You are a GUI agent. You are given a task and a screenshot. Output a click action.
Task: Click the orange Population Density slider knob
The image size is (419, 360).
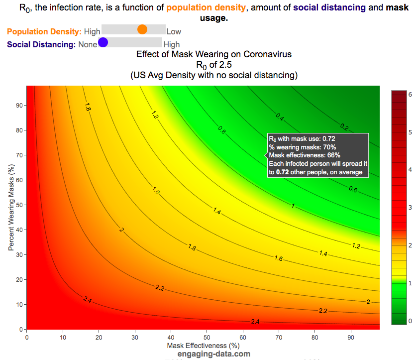click(142, 29)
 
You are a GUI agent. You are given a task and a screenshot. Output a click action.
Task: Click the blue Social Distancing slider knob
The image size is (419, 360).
click(103, 43)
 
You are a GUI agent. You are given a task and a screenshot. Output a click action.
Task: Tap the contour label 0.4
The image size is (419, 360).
click(280, 117)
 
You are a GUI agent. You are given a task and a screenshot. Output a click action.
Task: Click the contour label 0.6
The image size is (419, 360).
click(353, 189)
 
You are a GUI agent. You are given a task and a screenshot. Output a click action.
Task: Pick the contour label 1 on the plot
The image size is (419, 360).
click(293, 205)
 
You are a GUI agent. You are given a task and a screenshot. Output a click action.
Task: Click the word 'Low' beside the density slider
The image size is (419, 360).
click(174, 31)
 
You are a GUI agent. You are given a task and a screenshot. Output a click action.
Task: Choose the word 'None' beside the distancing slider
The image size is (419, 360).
click(88, 45)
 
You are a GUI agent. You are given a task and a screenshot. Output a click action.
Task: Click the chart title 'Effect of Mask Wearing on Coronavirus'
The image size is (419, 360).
click(214, 54)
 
